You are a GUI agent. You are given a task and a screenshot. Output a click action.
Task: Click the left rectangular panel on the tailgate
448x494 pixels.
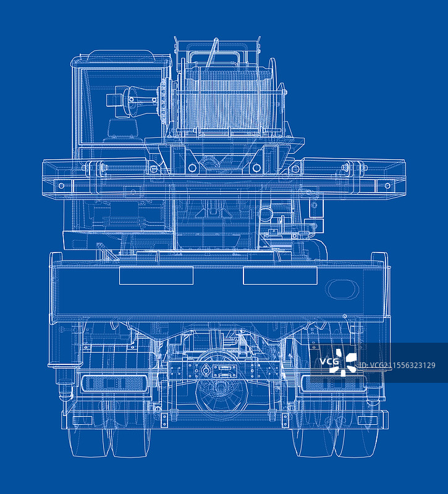(156, 275)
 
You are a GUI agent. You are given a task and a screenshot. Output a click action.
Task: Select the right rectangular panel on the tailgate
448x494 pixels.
(280, 275)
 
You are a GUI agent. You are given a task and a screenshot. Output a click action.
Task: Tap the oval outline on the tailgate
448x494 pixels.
(343, 289)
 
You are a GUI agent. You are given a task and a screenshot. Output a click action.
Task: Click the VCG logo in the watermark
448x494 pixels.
(338, 362)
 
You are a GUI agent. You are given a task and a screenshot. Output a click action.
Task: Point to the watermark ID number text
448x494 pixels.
(397, 365)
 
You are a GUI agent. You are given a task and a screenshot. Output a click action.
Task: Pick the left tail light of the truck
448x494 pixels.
(115, 383)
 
